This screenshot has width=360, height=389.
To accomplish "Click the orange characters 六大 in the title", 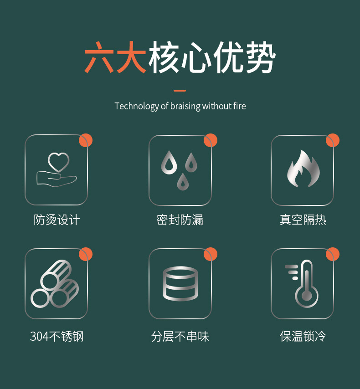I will coord(115,58).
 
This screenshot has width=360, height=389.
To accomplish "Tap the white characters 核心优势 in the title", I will coord(212,58).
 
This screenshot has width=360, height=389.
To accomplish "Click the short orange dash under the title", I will coord(180,91).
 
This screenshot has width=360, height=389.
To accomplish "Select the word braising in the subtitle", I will coord(185,107).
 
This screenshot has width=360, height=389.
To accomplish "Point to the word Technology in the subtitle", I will coord(136,107).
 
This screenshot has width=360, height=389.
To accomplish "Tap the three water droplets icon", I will coord(180,169).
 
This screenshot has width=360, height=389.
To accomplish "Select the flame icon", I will coord(303,169).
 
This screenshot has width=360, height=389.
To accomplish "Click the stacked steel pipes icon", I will coord(55,283).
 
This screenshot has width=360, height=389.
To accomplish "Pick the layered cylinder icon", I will coord(180,283).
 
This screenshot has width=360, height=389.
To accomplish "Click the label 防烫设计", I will coord(57,220).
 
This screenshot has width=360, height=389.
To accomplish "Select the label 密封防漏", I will coord(180,220).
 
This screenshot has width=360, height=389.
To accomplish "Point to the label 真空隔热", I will coord(303,220).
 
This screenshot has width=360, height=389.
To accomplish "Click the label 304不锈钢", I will coord(57,337).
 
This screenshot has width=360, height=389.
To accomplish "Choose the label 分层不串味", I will coord(180,337).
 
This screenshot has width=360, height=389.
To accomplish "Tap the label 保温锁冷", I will coord(303,337).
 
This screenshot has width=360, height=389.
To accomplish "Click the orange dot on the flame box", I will coord(333,140).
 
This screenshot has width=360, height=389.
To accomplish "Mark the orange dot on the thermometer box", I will coord(333,254).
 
